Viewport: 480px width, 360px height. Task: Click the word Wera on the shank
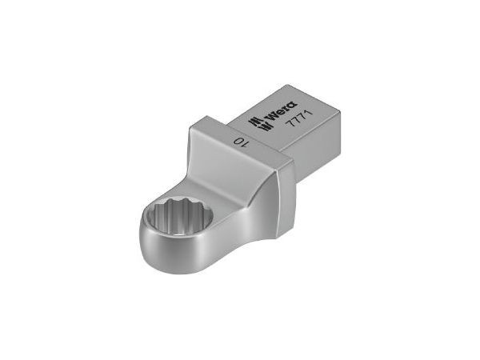pos(281,110)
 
